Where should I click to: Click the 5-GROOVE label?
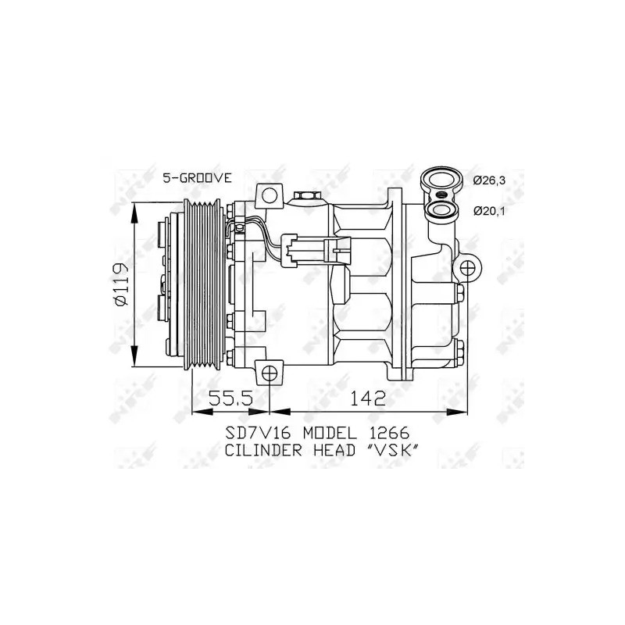[x=197, y=178]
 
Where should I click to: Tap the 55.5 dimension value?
[x=231, y=398]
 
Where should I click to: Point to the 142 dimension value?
[x=368, y=398]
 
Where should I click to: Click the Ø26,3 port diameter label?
[x=489, y=180]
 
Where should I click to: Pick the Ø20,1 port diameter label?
[x=489, y=211]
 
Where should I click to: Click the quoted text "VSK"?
[x=392, y=450]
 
